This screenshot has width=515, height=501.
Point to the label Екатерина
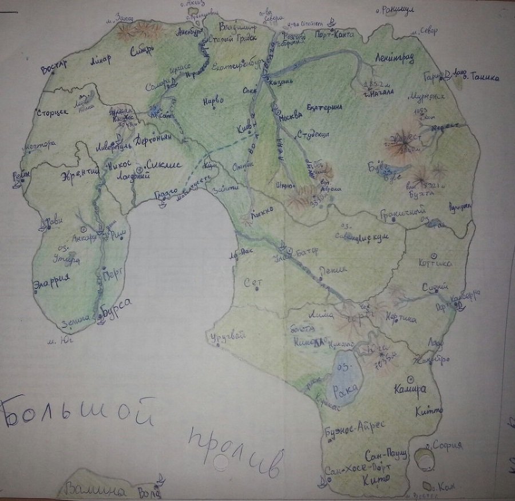324,107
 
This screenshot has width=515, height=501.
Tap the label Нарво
212,101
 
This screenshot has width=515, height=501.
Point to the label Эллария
52,281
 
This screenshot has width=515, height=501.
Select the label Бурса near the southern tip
118,306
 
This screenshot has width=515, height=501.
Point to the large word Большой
77,413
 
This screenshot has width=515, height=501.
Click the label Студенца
313,135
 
